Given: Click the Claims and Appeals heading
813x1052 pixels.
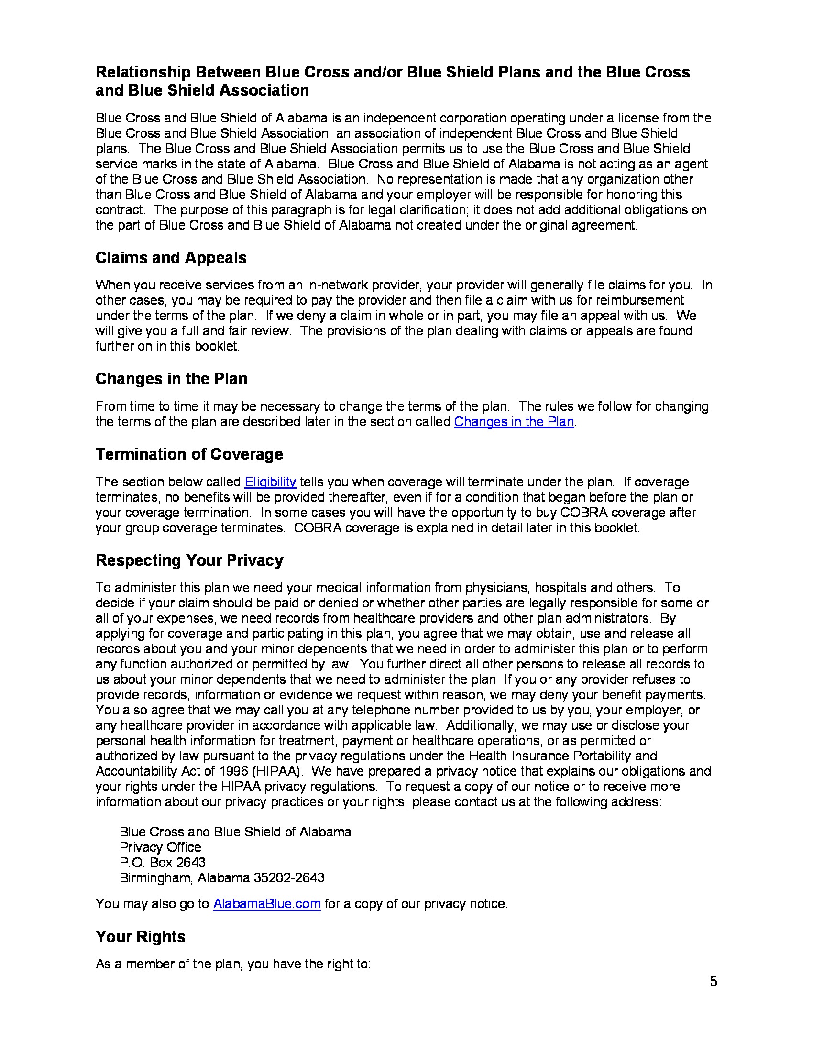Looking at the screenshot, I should pos(171,258).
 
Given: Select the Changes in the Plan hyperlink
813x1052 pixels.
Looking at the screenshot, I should pos(514,422).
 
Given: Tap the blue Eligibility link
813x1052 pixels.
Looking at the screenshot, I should pos(270,482).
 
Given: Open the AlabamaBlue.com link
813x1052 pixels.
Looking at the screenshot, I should pos(266,904).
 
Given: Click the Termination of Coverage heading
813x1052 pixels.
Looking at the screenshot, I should pos(189,454).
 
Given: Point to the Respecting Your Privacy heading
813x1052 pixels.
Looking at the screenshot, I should pos(189,560).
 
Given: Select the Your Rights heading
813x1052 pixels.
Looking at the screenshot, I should pos(140,936).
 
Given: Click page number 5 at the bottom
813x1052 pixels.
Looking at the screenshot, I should pos(713,982).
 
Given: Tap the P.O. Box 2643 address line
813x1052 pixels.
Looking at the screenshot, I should pos(162,862).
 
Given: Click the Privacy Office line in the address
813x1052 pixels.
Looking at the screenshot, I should pos(160,847).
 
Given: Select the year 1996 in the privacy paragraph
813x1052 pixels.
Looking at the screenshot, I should pos(233,771).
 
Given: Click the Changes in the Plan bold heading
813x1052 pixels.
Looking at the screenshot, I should pos(171,379).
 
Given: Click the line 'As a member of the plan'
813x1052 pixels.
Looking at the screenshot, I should pos(232,964).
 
